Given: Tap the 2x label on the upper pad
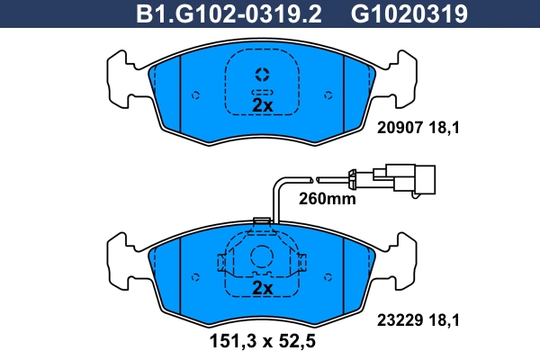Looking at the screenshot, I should pyautogui.click(x=262, y=105).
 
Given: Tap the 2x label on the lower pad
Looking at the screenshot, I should pyautogui.click(x=262, y=288).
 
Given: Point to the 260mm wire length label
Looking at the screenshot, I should pyautogui.click(x=327, y=199).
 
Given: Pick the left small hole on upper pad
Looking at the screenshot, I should pyautogui.click(x=196, y=93).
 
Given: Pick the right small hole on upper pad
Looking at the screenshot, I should pyautogui.click(x=328, y=93).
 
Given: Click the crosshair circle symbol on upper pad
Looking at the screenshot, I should pyautogui.click(x=262, y=74).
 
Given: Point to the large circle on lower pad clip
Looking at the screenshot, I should pyautogui.click(x=262, y=257).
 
